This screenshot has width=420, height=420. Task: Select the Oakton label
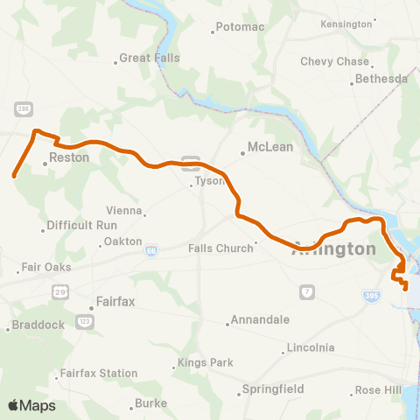coord(122,241)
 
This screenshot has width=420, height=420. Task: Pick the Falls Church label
coord(220,248)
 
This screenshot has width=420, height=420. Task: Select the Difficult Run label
coord(81,225)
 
